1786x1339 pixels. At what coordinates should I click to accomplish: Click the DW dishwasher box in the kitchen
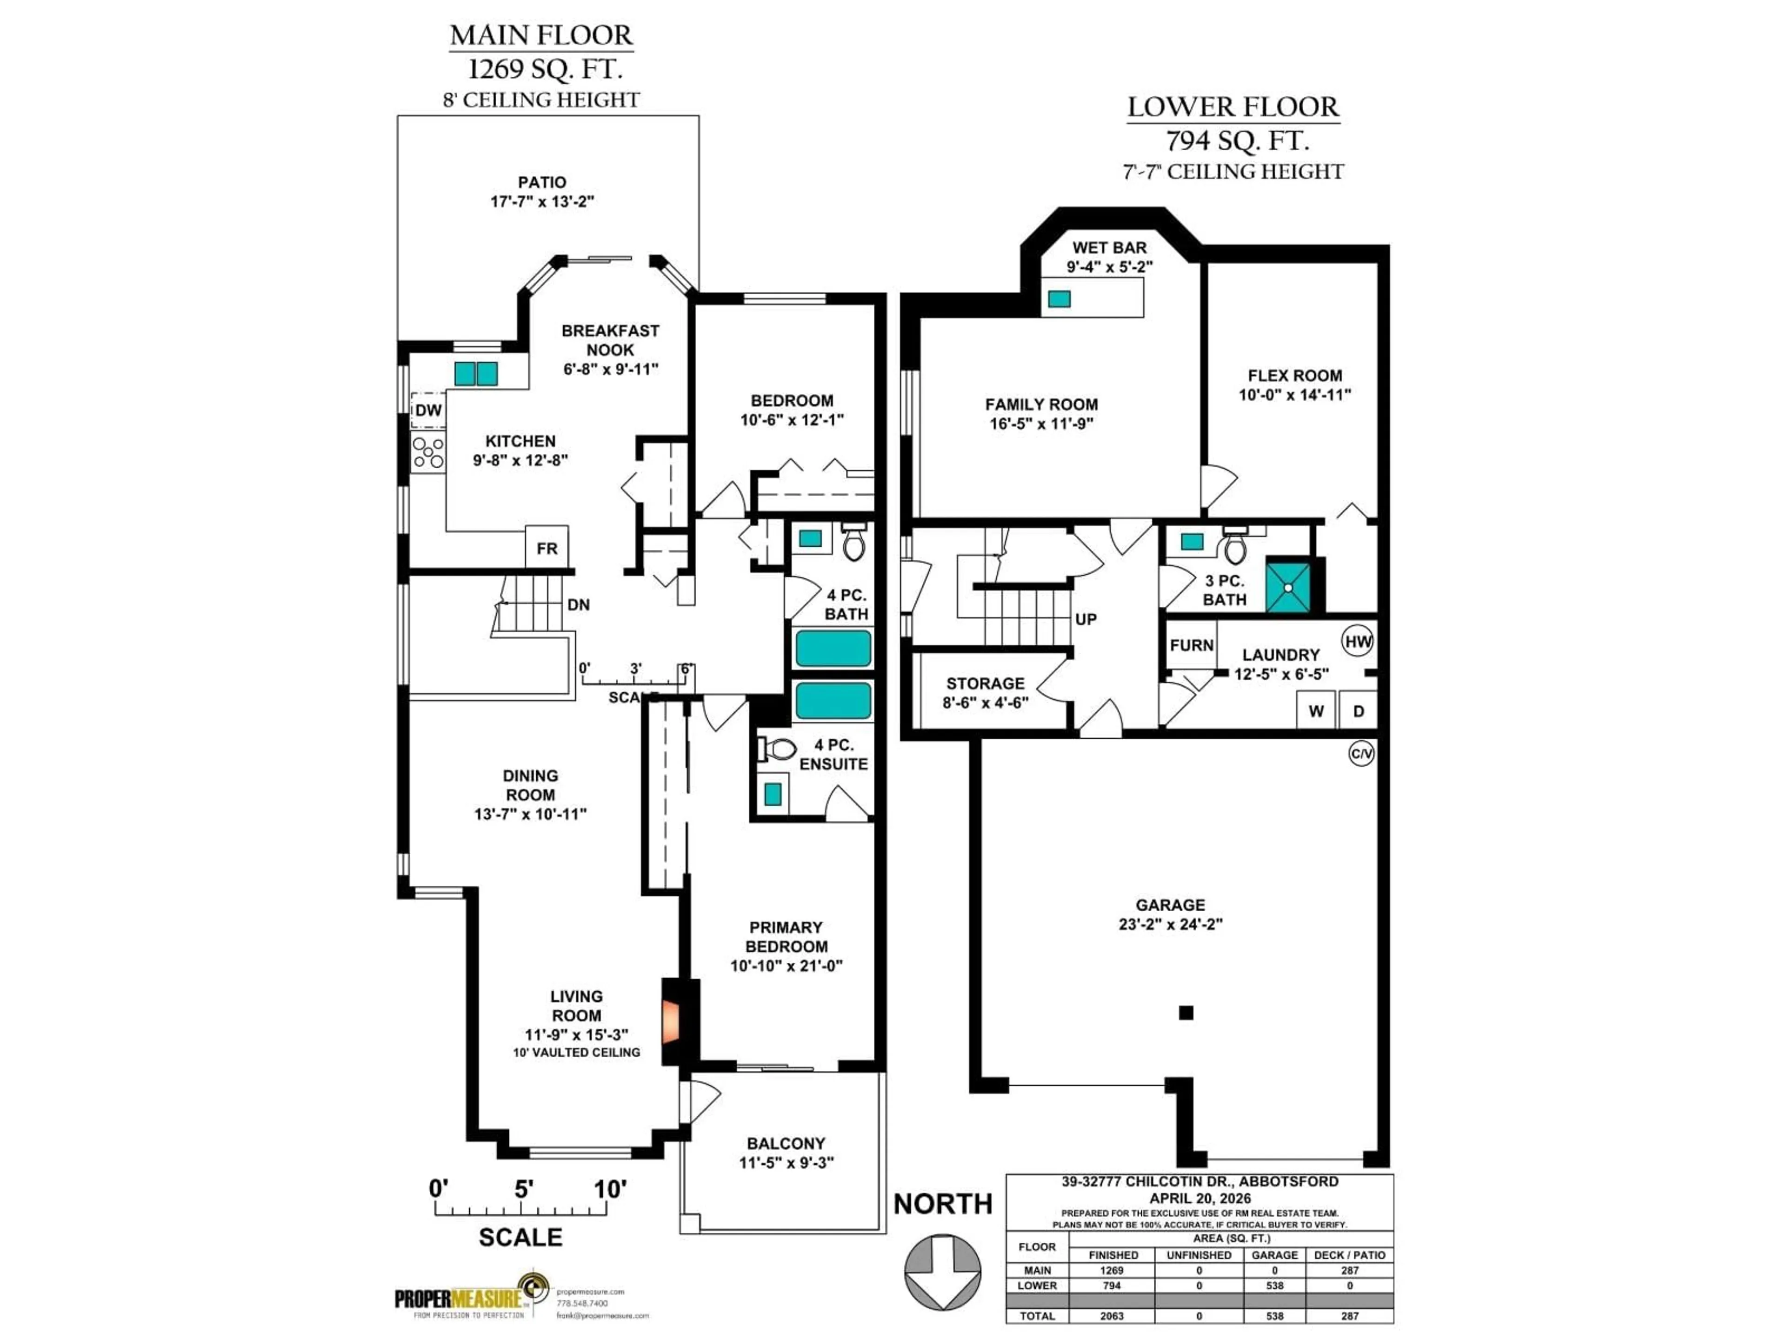(x=428, y=410)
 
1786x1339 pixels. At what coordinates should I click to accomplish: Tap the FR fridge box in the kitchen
(x=546, y=548)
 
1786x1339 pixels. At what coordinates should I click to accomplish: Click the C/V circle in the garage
(x=1361, y=754)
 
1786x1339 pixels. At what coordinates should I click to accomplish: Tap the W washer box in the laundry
(x=1315, y=710)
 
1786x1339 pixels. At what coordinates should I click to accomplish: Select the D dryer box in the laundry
(x=1358, y=710)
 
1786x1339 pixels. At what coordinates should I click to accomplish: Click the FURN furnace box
(x=1191, y=645)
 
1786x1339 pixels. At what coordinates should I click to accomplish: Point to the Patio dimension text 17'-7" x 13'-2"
(x=542, y=201)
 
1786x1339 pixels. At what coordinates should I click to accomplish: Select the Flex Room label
(x=1294, y=375)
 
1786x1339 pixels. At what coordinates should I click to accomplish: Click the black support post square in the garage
(x=1185, y=1012)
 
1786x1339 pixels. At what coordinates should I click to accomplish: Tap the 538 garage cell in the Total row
(x=1274, y=1316)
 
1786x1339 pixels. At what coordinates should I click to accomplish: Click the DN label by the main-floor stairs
(x=578, y=604)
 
